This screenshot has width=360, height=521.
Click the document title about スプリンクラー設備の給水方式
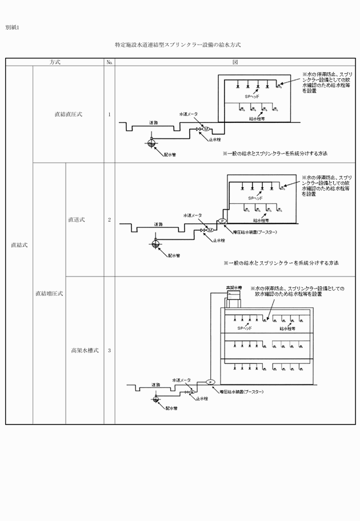pyautogui.click(x=178, y=44)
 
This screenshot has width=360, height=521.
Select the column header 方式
pyautogui.click(x=55, y=62)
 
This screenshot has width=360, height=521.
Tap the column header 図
pyautogui.click(x=235, y=62)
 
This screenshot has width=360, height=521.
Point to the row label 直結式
pyautogui.click(x=19, y=245)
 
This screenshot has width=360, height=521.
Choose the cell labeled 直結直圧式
pyautogui.click(x=68, y=114)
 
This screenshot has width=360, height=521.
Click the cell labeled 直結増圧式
pyautogui.click(x=49, y=294)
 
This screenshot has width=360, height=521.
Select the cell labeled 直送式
pyautogui.click(x=77, y=220)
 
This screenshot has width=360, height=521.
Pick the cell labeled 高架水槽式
pyautogui.click(x=85, y=351)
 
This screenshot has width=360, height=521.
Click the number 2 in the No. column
pyautogui.click(x=109, y=220)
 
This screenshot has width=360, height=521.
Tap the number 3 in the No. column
pyautogui.click(x=109, y=351)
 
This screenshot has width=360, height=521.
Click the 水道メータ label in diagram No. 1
pyautogui.click(x=188, y=114)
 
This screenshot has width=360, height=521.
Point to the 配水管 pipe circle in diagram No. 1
pyautogui.click(x=152, y=143)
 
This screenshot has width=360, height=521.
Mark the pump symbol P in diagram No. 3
pyautogui.click(x=210, y=382)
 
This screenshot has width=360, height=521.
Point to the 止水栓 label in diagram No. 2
pyautogui.click(x=219, y=241)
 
